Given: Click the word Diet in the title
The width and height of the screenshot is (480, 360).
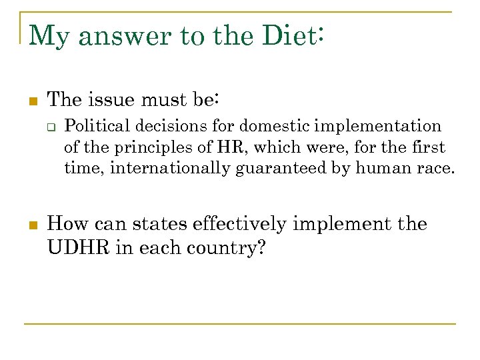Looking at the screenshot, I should (x=289, y=35).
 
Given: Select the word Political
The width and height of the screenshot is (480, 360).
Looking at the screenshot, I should (x=95, y=126).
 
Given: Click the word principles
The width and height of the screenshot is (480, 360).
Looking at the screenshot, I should (x=164, y=147).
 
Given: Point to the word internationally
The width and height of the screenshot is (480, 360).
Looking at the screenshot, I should (x=171, y=168).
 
